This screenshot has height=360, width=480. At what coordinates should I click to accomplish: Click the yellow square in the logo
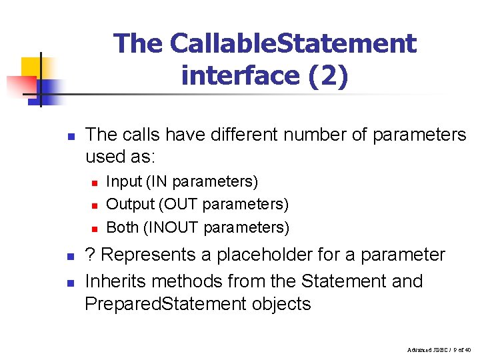click(31, 67)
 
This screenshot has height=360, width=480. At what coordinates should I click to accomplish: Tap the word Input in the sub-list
click(124, 181)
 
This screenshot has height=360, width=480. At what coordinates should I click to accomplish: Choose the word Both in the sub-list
click(122, 227)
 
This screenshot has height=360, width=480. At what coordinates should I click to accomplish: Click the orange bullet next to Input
click(95, 182)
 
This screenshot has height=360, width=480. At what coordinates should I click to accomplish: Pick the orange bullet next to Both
click(95, 228)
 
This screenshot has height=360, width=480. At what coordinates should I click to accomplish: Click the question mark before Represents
click(90, 255)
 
